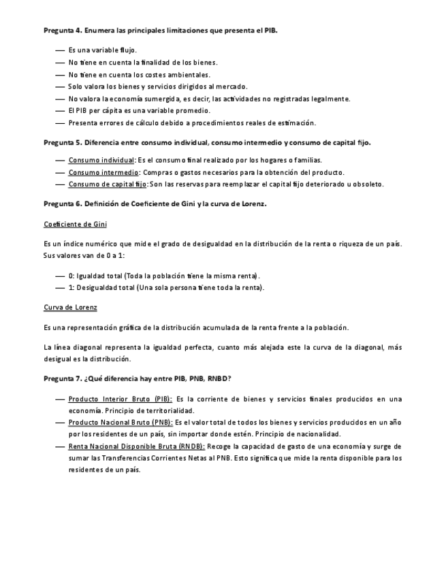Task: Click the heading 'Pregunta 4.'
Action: [x=63, y=31]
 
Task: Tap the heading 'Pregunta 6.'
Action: [x=63, y=203]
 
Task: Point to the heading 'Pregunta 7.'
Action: [x=63, y=378]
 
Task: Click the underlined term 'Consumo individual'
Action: [x=101, y=160]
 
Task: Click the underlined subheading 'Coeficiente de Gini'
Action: [x=75, y=224]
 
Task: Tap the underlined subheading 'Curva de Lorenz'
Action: [x=70, y=307]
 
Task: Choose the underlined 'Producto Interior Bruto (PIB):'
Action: [x=121, y=399]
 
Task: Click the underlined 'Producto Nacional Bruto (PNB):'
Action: [x=121, y=423]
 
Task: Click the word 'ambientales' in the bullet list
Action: [x=189, y=74]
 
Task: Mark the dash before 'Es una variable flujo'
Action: [x=60, y=50]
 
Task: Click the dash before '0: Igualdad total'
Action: [x=60, y=276]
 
